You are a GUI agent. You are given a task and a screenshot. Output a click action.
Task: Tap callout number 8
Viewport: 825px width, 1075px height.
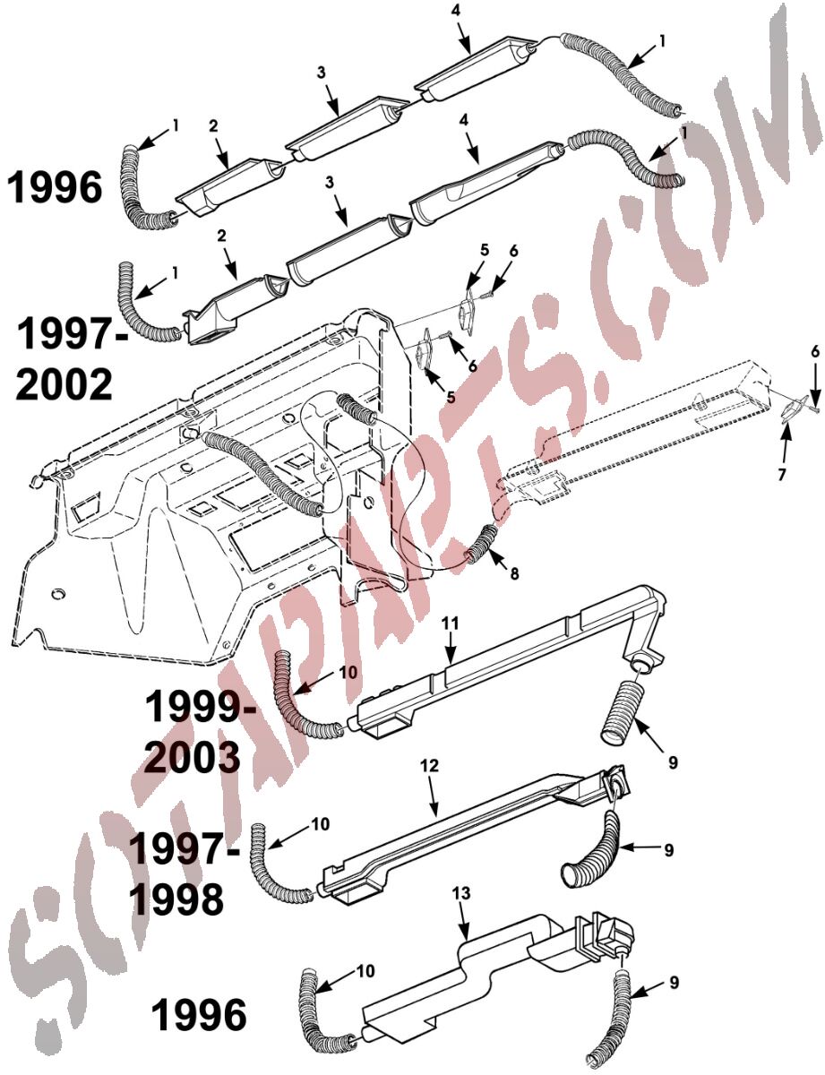pyautogui.click(x=514, y=573)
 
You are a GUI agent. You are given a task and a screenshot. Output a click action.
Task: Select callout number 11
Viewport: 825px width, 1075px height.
pyautogui.click(x=451, y=623)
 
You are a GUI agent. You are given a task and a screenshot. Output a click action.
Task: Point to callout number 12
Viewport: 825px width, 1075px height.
pyautogui.click(x=429, y=766)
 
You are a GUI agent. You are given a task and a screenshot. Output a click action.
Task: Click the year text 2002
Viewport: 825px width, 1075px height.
pyautogui.click(x=64, y=386)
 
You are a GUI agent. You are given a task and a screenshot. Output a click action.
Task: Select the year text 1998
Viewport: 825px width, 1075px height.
pyautogui.click(x=177, y=900)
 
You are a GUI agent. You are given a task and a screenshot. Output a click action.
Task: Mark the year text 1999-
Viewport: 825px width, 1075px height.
pyautogui.click(x=201, y=708)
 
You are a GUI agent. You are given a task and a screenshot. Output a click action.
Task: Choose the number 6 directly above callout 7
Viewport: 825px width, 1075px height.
pyautogui.click(x=815, y=352)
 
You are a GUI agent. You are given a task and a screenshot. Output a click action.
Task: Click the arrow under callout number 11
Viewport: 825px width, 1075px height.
pyautogui.click(x=450, y=648)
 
